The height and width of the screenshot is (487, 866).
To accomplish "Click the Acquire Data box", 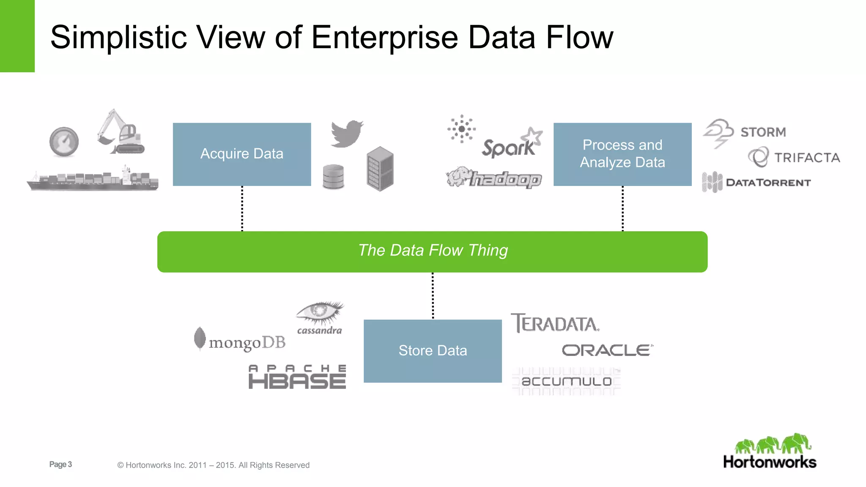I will [242, 154].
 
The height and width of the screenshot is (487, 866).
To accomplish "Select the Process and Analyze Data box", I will [622, 154].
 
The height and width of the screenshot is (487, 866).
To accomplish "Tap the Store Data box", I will [433, 351].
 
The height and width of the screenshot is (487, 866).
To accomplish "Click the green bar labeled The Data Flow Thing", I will [432, 252].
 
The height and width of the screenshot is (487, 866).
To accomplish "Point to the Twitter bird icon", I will [347, 134].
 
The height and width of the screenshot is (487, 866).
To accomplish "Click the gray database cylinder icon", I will [333, 177].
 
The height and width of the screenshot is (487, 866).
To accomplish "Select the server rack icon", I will [380, 169].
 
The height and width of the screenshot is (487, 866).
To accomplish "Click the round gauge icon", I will [64, 142].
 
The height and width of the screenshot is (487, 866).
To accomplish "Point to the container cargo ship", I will [93, 179].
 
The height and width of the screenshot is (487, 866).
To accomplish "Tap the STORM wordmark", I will [763, 132].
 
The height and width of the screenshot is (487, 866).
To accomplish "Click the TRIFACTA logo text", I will [807, 158].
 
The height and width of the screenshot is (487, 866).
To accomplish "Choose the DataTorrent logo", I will [757, 183].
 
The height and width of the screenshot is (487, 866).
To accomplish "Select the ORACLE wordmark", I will [607, 350].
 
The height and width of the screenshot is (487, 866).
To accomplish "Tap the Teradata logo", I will [555, 323].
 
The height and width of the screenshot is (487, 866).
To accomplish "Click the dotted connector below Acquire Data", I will [242, 208].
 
